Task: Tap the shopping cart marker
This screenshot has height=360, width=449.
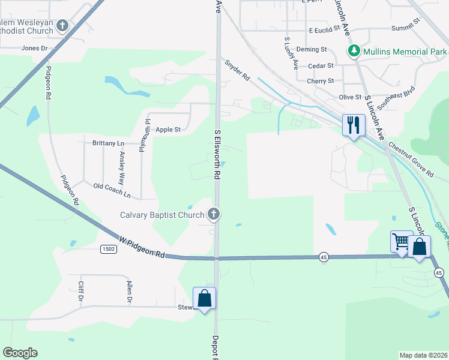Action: (401, 242)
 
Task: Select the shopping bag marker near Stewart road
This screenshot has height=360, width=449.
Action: (204, 298)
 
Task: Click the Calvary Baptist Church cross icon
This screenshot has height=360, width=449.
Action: (212, 214)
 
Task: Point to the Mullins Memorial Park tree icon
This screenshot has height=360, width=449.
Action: (354, 51)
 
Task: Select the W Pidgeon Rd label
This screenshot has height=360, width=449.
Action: (142, 247)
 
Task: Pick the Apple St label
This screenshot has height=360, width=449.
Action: (168, 130)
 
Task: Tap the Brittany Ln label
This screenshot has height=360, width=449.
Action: (108, 143)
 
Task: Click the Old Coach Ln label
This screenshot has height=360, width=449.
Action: (112, 191)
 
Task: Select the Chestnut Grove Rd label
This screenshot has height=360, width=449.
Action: (411, 159)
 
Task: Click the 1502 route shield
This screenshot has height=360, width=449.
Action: (108, 248)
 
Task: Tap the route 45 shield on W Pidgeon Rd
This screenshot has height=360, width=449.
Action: (323, 256)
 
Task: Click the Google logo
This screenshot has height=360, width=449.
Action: (20, 353)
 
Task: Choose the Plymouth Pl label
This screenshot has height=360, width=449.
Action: (142, 136)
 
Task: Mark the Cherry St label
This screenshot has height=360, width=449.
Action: (320, 81)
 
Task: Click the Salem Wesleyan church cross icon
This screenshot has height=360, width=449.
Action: (62, 27)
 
